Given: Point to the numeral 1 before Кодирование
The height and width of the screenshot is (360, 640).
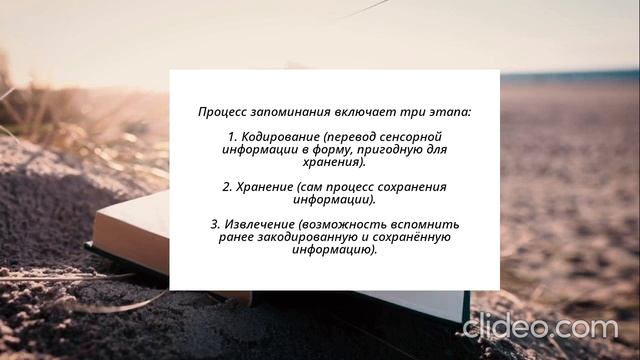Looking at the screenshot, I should [x=232, y=136].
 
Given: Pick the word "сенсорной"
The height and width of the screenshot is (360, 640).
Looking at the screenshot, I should [x=407, y=136].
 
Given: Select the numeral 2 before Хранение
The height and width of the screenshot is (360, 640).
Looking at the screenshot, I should [x=226, y=186].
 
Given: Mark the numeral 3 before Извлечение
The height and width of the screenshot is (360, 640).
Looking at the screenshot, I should [x=215, y=223].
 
